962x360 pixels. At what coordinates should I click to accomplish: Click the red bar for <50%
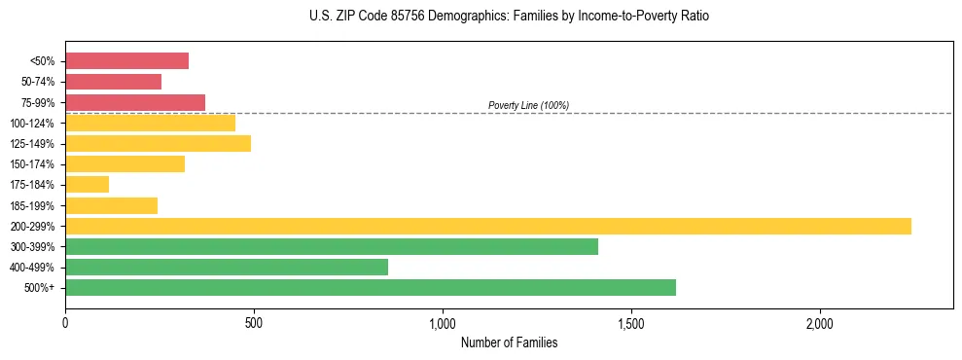click(126, 61)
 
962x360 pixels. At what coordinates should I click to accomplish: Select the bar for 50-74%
click(113, 82)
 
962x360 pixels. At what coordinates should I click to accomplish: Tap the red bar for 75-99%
click(135, 102)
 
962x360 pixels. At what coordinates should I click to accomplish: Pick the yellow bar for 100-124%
click(150, 123)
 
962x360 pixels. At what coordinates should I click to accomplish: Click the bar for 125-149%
click(158, 143)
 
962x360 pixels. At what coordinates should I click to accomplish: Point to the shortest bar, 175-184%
click(87, 184)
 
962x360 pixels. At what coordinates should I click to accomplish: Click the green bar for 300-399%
click(332, 246)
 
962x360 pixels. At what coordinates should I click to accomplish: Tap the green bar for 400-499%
click(227, 267)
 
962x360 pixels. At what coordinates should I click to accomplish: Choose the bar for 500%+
click(371, 287)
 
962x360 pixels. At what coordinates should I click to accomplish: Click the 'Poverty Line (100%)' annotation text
click(528, 105)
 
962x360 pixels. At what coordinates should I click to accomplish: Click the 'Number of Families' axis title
click(509, 342)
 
